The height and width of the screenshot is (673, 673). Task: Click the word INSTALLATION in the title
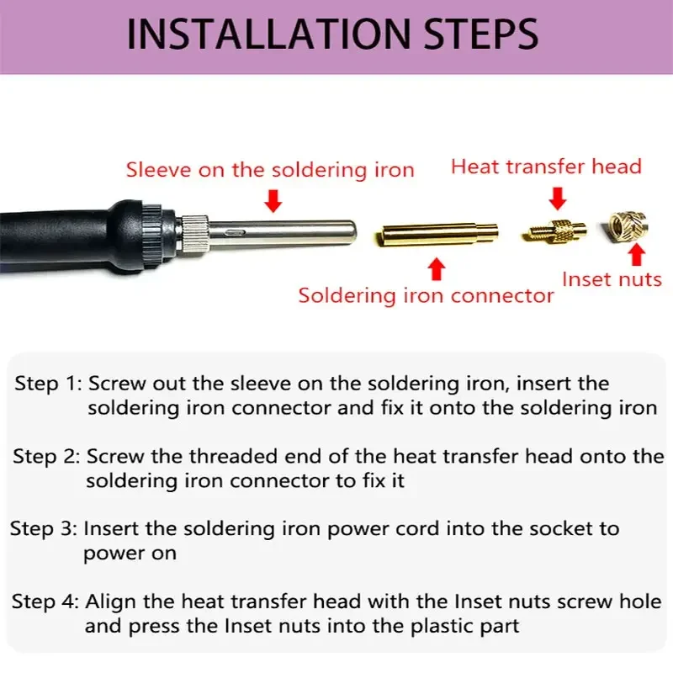pos(269,34)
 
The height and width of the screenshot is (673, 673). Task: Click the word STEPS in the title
pos(481,34)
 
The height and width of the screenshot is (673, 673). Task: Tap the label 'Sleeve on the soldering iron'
pos(270,170)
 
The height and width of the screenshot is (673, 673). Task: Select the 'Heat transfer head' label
pos(546,167)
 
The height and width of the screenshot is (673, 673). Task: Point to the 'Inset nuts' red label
pos(612,279)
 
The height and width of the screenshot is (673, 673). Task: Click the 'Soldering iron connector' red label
pos(426,296)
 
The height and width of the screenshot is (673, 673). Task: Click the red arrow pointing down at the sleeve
pos(273,201)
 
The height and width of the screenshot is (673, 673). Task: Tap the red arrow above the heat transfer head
pos(558,199)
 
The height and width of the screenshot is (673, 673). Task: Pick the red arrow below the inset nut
pos(637,255)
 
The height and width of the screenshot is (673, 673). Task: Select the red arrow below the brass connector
pos(437,269)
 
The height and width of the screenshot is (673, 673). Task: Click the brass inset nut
pos(628,226)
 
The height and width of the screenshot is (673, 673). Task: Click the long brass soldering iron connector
pos(436,235)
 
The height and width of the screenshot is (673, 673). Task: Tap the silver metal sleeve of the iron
pos(282,234)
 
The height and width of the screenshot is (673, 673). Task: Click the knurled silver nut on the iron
pos(194,235)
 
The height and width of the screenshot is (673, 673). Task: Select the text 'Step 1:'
pos(48,384)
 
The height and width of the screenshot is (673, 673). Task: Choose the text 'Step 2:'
pos(46,456)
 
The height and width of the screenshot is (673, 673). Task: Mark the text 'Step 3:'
pos(44,528)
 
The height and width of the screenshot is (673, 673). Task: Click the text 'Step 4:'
pos(45,601)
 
